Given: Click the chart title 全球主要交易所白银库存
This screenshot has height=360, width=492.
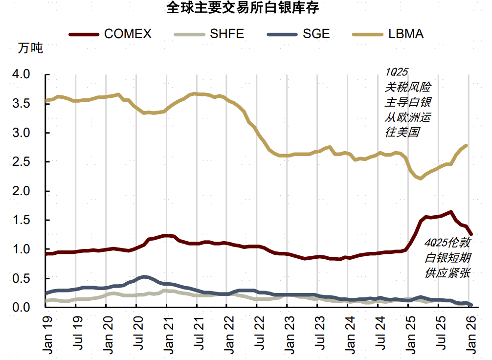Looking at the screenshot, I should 246,8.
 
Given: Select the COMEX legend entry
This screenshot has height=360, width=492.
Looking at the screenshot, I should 111,34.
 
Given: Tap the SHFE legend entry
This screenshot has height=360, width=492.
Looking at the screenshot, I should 209,34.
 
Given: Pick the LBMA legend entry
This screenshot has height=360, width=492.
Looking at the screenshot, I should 388,34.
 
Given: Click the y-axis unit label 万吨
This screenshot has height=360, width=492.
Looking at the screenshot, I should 30,48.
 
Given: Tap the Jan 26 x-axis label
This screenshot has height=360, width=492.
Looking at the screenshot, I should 470,335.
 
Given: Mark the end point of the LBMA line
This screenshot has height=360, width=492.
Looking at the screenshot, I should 466,145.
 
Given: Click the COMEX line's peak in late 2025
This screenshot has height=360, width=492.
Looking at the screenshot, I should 450,212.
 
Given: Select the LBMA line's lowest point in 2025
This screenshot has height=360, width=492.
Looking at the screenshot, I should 420,179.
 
